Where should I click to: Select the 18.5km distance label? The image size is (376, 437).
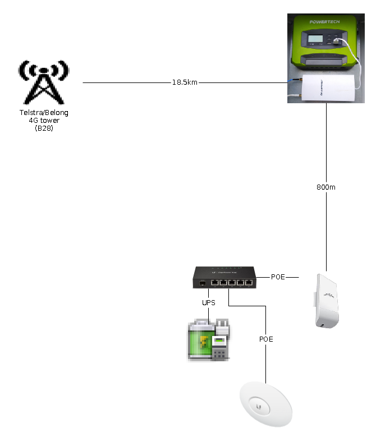pos(185,82)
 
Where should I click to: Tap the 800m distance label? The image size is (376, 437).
pos(326,187)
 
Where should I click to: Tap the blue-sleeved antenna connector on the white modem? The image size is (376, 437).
pos(289,82)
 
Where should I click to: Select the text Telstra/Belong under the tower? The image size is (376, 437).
pos(43,113)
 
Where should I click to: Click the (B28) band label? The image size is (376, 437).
pos(43,128)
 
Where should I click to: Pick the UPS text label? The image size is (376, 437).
pos(209,302)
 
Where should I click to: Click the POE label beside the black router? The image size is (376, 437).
pos(278,277)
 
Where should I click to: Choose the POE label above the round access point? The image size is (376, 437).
pos(266,339)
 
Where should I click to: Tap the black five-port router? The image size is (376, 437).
pos(224,278)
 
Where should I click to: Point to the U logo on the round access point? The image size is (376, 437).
pos(259,404)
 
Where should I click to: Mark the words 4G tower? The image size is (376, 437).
pos(43,121)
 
